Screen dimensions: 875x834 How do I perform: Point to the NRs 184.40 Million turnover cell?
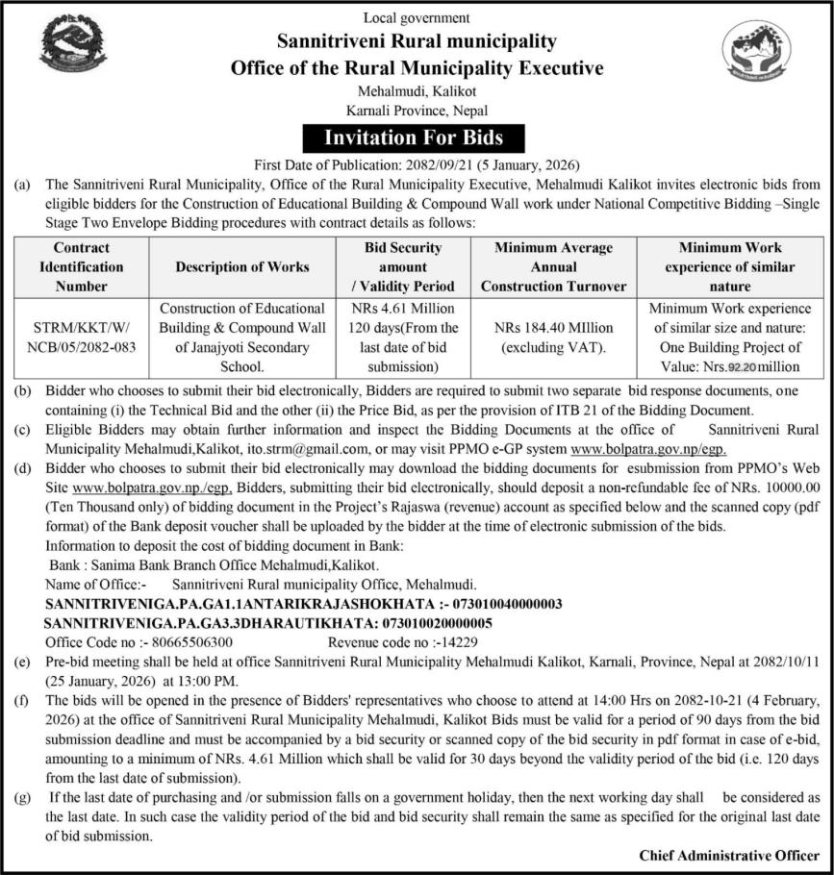tap(553, 337)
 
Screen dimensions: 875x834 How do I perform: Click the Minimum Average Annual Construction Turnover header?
tap(553, 267)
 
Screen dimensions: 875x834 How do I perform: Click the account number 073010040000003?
tap(500, 603)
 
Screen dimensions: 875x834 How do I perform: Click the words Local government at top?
tap(417, 17)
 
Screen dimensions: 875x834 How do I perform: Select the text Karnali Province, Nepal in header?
tap(417, 112)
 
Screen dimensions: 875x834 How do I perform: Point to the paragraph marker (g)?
tap(22, 799)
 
